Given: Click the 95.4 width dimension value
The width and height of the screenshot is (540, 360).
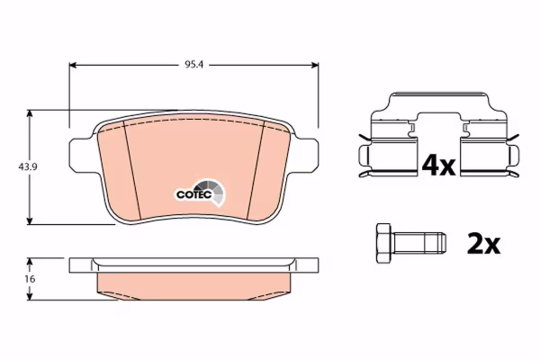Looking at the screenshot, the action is click(194, 65).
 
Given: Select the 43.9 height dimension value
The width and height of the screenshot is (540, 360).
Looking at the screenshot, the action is click(28, 167).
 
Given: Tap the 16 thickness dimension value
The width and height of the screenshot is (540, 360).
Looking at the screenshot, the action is click(31, 279).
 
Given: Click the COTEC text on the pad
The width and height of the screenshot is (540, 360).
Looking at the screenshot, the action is click(193, 194).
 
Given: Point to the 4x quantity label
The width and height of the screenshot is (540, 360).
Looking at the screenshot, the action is click(439, 165).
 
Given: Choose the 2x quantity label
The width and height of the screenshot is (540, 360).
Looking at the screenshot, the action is click(483, 244).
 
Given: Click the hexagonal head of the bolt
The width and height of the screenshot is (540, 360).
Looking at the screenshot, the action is click(383, 244).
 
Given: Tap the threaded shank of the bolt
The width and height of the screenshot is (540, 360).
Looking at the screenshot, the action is click(418, 242).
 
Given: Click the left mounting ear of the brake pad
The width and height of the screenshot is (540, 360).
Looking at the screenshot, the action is click(80, 154).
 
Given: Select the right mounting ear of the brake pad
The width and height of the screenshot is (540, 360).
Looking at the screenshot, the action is click(307, 154).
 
